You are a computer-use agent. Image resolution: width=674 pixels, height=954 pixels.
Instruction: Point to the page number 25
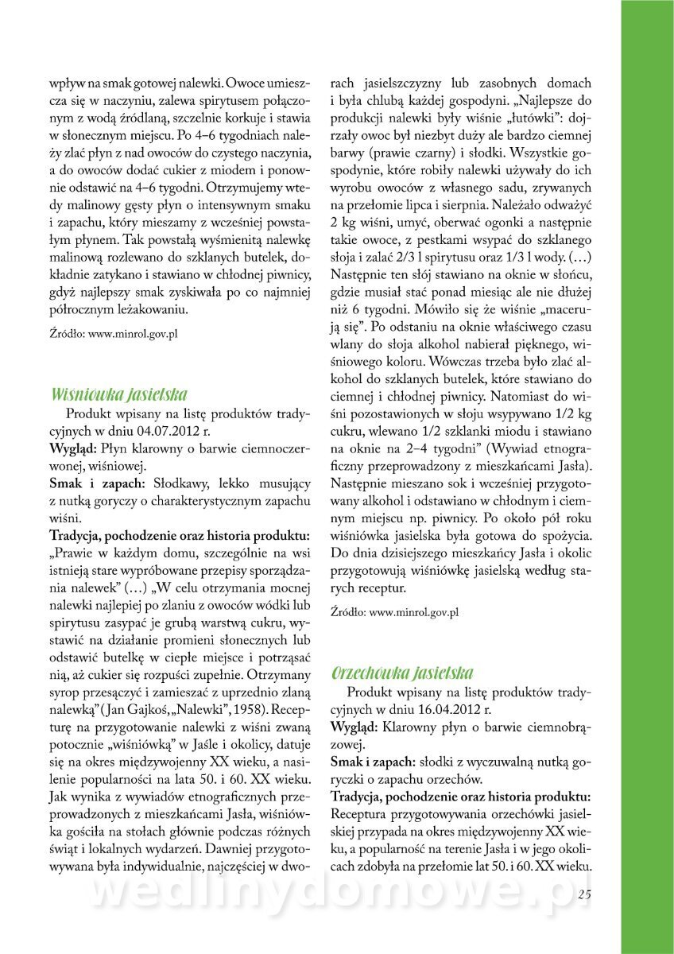coord(584,894)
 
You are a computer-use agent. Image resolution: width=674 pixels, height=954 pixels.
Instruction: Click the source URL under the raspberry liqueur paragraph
coord(112,334)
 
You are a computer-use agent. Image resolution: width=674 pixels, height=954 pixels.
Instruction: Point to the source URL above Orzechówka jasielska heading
coord(394,612)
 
